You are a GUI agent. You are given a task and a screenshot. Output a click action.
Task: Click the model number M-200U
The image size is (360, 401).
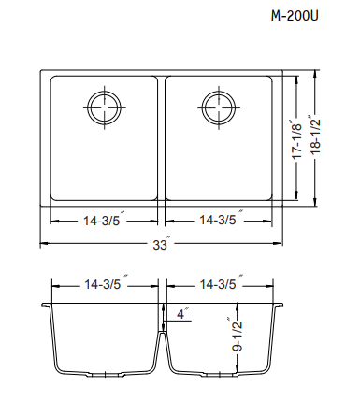[x=295, y=15]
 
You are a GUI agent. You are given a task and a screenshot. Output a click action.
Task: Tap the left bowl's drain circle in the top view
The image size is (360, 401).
[x=105, y=93]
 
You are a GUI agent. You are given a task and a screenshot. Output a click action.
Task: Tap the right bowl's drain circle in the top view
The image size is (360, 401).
[x=219, y=93]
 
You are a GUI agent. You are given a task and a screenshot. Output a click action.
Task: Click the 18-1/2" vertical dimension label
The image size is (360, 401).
[x=315, y=135]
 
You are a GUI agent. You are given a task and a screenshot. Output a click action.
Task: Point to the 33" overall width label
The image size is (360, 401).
[x=162, y=244]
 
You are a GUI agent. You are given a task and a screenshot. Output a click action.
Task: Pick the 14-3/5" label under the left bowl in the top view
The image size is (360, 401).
[x=104, y=220]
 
